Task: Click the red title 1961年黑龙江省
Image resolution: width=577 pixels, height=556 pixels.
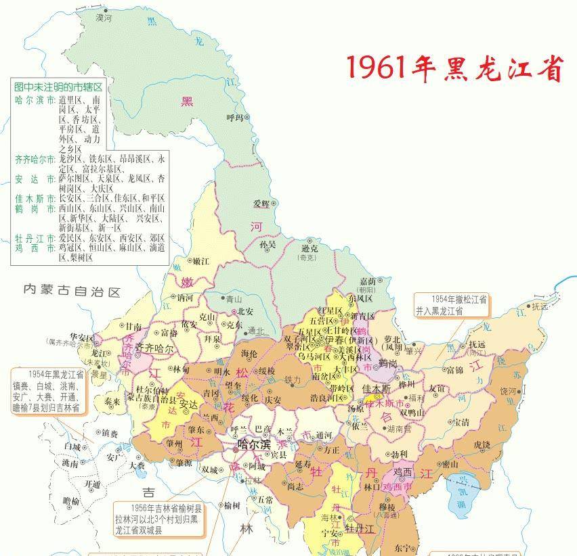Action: click(454, 68)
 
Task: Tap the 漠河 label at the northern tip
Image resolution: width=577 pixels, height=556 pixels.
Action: click(104, 16)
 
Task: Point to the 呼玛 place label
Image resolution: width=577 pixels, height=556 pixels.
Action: click(234, 117)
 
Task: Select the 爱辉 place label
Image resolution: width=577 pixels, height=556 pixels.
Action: click(261, 204)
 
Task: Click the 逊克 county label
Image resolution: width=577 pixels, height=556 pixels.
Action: click(309, 248)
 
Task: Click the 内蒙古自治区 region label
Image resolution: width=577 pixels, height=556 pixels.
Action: click(71, 291)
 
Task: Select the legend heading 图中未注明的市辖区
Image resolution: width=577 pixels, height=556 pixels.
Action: click(58, 87)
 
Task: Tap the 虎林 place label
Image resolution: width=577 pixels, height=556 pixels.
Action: click(482, 444)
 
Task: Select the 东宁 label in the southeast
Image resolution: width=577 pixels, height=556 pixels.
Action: click(401, 546)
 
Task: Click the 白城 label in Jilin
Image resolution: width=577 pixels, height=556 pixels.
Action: click(71, 447)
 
